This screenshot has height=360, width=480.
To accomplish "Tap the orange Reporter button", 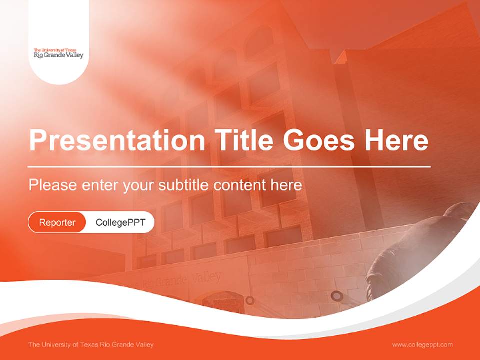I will click(x=57, y=222).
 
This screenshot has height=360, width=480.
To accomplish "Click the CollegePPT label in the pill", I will click(x=120, y=222).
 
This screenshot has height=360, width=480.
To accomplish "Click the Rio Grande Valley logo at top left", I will click(x=59, y=54).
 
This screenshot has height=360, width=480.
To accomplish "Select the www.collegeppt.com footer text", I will click(x=422, y=344).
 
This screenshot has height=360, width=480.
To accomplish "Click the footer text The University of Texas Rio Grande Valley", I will click(x=91, y=344).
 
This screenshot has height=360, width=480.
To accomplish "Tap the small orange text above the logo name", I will click(x=54, y=50).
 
